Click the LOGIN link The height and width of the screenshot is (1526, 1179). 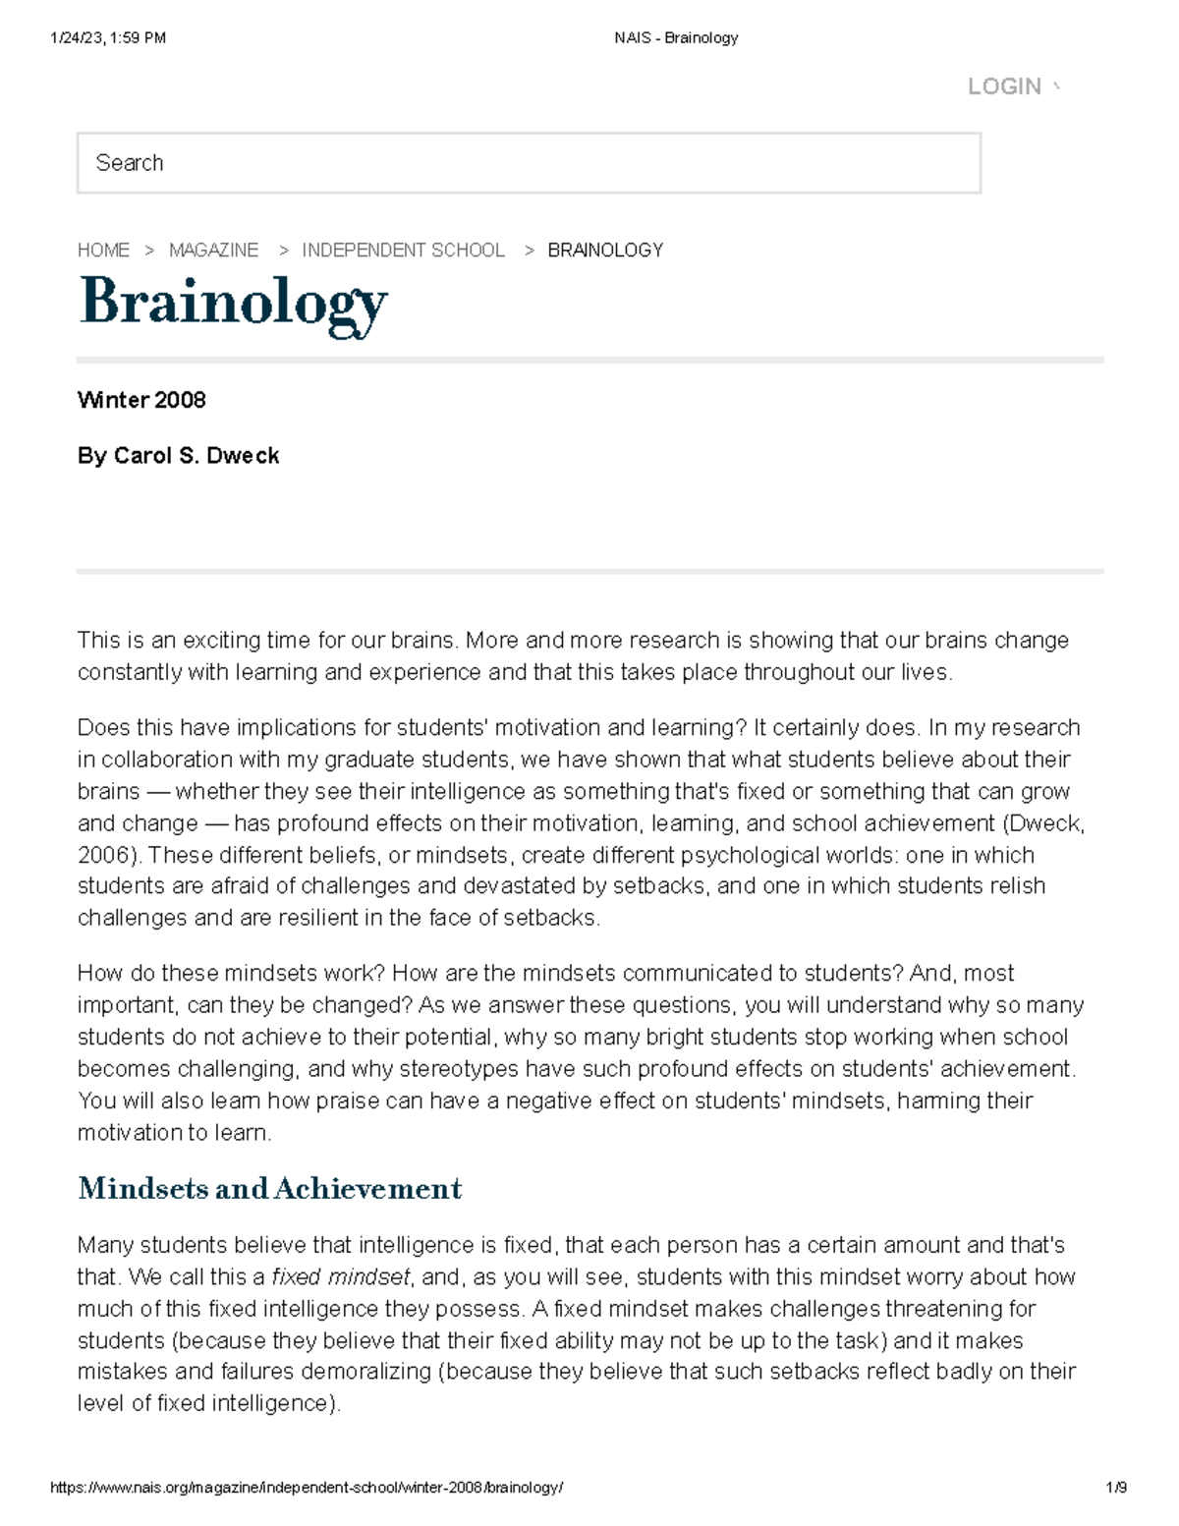[x=1004, y=86]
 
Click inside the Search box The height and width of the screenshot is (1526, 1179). [x=529, y=163]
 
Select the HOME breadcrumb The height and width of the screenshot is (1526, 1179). [x=103, y=251]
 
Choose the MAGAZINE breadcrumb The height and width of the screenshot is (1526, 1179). [x=213, y=251]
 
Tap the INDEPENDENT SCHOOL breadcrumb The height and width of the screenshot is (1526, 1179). [x=403, y=251]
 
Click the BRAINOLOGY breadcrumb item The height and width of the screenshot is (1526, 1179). [x=605, y=251]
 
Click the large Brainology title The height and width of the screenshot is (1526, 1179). [x=233, y=302]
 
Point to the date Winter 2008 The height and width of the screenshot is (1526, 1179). [x=141, y=400]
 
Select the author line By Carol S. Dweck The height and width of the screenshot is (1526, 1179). [x=178, y=456]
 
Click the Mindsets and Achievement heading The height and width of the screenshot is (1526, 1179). [x=269, y=1189]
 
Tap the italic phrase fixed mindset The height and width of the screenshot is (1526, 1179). [x=340, y=1277]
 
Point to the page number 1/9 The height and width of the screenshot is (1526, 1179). [x=1115, y=1488]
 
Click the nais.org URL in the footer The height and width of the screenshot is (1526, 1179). [x=307, y=1488]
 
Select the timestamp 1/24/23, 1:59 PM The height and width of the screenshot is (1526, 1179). [x=107, y=38]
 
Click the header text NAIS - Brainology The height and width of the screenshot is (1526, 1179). [x=676, y=38]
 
